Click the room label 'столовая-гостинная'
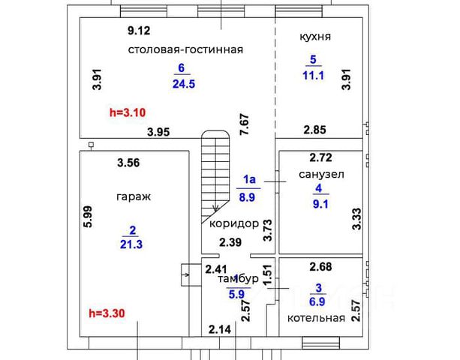[185, 49]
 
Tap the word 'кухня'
[315, 36]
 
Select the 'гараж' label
[134, 196]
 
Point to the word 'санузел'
[322, 174]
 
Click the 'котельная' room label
[316, 318]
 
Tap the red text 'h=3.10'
[127, 113]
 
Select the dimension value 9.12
[139, 31]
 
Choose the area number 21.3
[131, 243]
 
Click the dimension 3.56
[128, 161]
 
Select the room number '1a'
[249, 179]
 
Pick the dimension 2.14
[220, 329]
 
